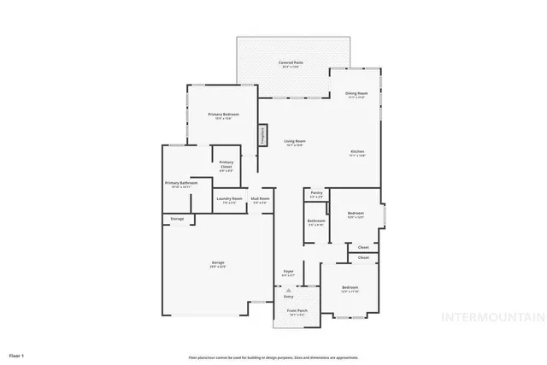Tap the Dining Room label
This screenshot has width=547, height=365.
tap(356, 95)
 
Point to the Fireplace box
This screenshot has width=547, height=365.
tap(264, 135)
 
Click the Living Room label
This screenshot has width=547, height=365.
tap(295, 144)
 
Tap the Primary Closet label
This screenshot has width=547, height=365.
tap(226, 164)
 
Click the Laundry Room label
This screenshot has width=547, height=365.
tap(229, 201)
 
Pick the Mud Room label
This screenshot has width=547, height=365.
tap(261, 201)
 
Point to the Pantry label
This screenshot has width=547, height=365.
tap(316, 195)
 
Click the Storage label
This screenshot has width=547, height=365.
tap(177, 219)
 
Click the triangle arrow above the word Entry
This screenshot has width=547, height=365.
tap(288, 291)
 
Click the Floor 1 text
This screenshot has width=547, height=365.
tap(17, 354)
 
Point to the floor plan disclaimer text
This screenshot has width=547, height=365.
tap(273, 356)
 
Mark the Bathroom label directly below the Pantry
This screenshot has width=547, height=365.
tap(315, 222)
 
